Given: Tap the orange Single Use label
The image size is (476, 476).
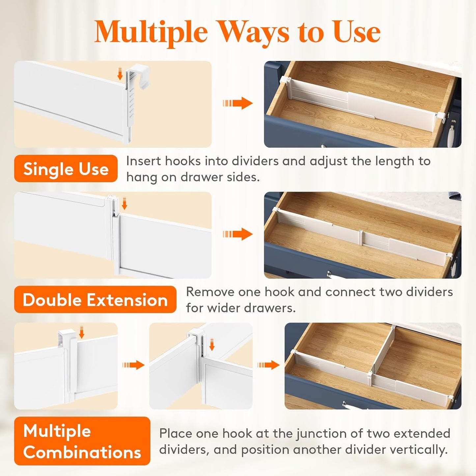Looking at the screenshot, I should (x=66, y=169).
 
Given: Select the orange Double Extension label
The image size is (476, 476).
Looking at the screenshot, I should (x=95, y=300).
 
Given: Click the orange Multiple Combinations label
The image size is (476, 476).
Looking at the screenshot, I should (x=82, y=441).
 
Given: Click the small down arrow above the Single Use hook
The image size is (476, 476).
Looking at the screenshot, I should (x=120, y=74).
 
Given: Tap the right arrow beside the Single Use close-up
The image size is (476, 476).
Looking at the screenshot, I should (x=238, y=103).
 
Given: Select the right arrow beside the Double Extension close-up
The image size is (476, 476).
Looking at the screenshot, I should (x=238, y=234).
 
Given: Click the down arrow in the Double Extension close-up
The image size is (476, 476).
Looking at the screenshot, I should (x=124, y=203).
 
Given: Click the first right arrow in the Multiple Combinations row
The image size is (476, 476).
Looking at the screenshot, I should (x=133, y=365).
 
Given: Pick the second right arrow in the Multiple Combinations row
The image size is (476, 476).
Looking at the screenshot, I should (x=268, y=365).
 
